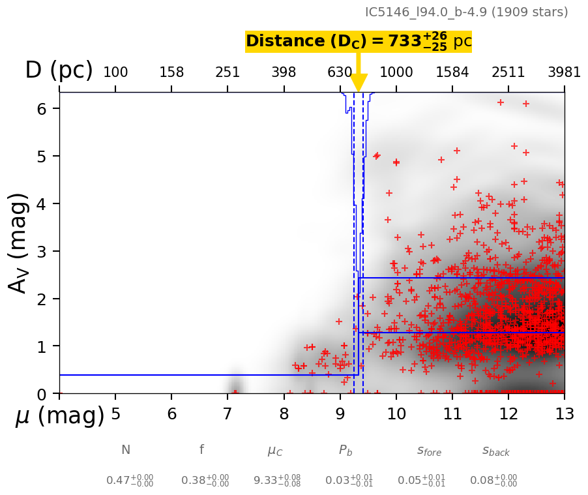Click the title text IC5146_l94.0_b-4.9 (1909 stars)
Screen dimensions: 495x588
pyautogui.click(x=466, y=12)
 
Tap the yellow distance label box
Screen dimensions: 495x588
pyautogui.click(x=358, y=42)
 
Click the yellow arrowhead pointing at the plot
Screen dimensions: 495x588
pyautogui.click(x=359, y=83)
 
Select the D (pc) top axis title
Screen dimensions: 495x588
pyautogui.click(x=59, y=70)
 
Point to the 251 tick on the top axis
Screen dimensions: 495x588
pyautogui.click(x=228, y=72)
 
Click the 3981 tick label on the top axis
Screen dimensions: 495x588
pyautogui.click(x=564, y=72)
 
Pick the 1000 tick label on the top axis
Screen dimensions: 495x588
pyautogui.click(x=396, y=72)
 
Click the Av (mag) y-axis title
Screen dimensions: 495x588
pyautogui.click(x=19, y=243)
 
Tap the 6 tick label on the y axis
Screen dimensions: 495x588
pyautogui.click(x=42, y=109)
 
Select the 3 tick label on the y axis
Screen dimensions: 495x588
pyautogui.click(x=42, y=251)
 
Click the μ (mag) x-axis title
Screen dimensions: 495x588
pyautogui.click(x=60, y=415)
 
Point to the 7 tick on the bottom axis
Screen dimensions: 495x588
pyautogui.click(x=228, y=414)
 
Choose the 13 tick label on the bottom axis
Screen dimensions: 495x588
pyautogui.click(x=564, y=414)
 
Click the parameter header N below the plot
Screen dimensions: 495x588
pyautogui.click(x=126, y=450)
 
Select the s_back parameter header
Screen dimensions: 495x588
pyautogui.click(x=496, y=451)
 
